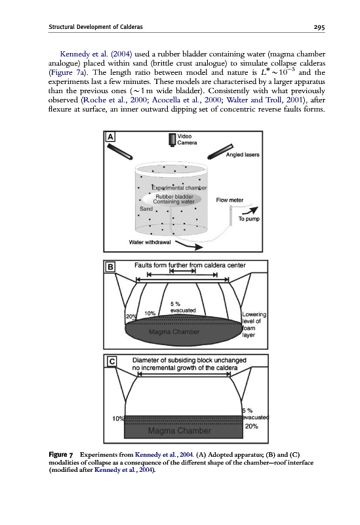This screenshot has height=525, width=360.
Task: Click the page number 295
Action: [319, 27]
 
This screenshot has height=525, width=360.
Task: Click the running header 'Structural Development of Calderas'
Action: [96, 27]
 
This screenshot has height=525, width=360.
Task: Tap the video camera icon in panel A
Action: [172, 140]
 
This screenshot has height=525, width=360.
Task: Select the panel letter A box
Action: [110, 136]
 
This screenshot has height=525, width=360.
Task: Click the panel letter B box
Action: [110, 266]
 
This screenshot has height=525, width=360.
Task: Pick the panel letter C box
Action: [112, 362]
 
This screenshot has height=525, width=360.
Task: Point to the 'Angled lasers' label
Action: [243, 155]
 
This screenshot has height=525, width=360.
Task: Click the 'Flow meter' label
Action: [230, 200]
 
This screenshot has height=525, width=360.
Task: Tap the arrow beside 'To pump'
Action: [250, 210]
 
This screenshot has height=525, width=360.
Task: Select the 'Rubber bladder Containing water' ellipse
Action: [172, 199]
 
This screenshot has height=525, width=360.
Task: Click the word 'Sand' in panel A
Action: [146, 209]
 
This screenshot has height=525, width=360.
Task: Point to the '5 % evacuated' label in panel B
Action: [183, 307]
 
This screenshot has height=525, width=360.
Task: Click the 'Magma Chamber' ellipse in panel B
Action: [184, 331]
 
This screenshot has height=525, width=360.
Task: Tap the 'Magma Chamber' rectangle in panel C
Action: [184, 427]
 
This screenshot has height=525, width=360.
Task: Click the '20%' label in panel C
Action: [251, 426]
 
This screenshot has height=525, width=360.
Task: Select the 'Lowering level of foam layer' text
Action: [254, 324]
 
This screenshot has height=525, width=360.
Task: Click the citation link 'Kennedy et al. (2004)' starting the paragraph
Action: [96, 54]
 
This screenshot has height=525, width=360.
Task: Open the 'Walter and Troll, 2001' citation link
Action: [264, 100]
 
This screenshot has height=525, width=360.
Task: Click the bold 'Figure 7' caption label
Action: [60, 455]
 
